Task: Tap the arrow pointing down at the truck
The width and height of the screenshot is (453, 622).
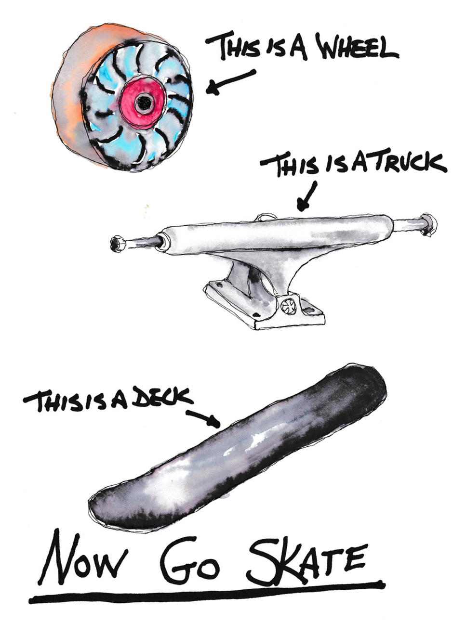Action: tap(306, 196)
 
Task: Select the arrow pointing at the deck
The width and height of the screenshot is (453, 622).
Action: tap(203, 418)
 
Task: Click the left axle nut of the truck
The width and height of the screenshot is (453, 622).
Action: tap(118, 244)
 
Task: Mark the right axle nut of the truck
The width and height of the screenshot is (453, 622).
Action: tap(428, 224)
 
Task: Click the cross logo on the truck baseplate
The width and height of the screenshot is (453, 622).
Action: tap(288, 306)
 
